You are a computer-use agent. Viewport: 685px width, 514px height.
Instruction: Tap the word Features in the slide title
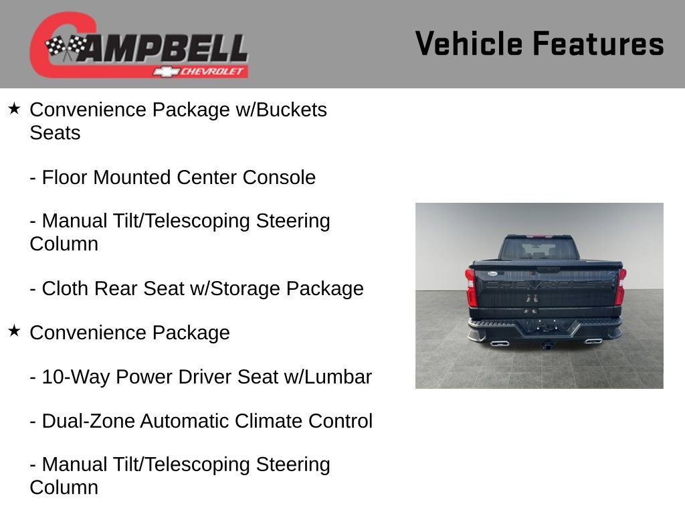pyautogui.click(x=598, y=44)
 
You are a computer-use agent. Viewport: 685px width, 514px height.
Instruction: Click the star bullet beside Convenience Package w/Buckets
pyautogui.click(x=14, y=108)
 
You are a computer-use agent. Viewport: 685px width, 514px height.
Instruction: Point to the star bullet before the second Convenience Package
pyautogui.click(x=14, y=331)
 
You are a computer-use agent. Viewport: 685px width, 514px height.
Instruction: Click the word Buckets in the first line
pyautogui.click(x=289, y=110)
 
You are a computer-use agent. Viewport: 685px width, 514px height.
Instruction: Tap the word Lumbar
pyautogui.click(x=338, y=377)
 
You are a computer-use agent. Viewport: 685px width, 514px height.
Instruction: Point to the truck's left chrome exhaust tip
pyautogui.click(x=499, y=343)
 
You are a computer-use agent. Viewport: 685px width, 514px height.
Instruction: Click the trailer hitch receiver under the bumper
pyautogui.click(x=547, y=345)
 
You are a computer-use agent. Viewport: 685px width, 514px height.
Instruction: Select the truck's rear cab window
pyautogui.click(x=539, y=250)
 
